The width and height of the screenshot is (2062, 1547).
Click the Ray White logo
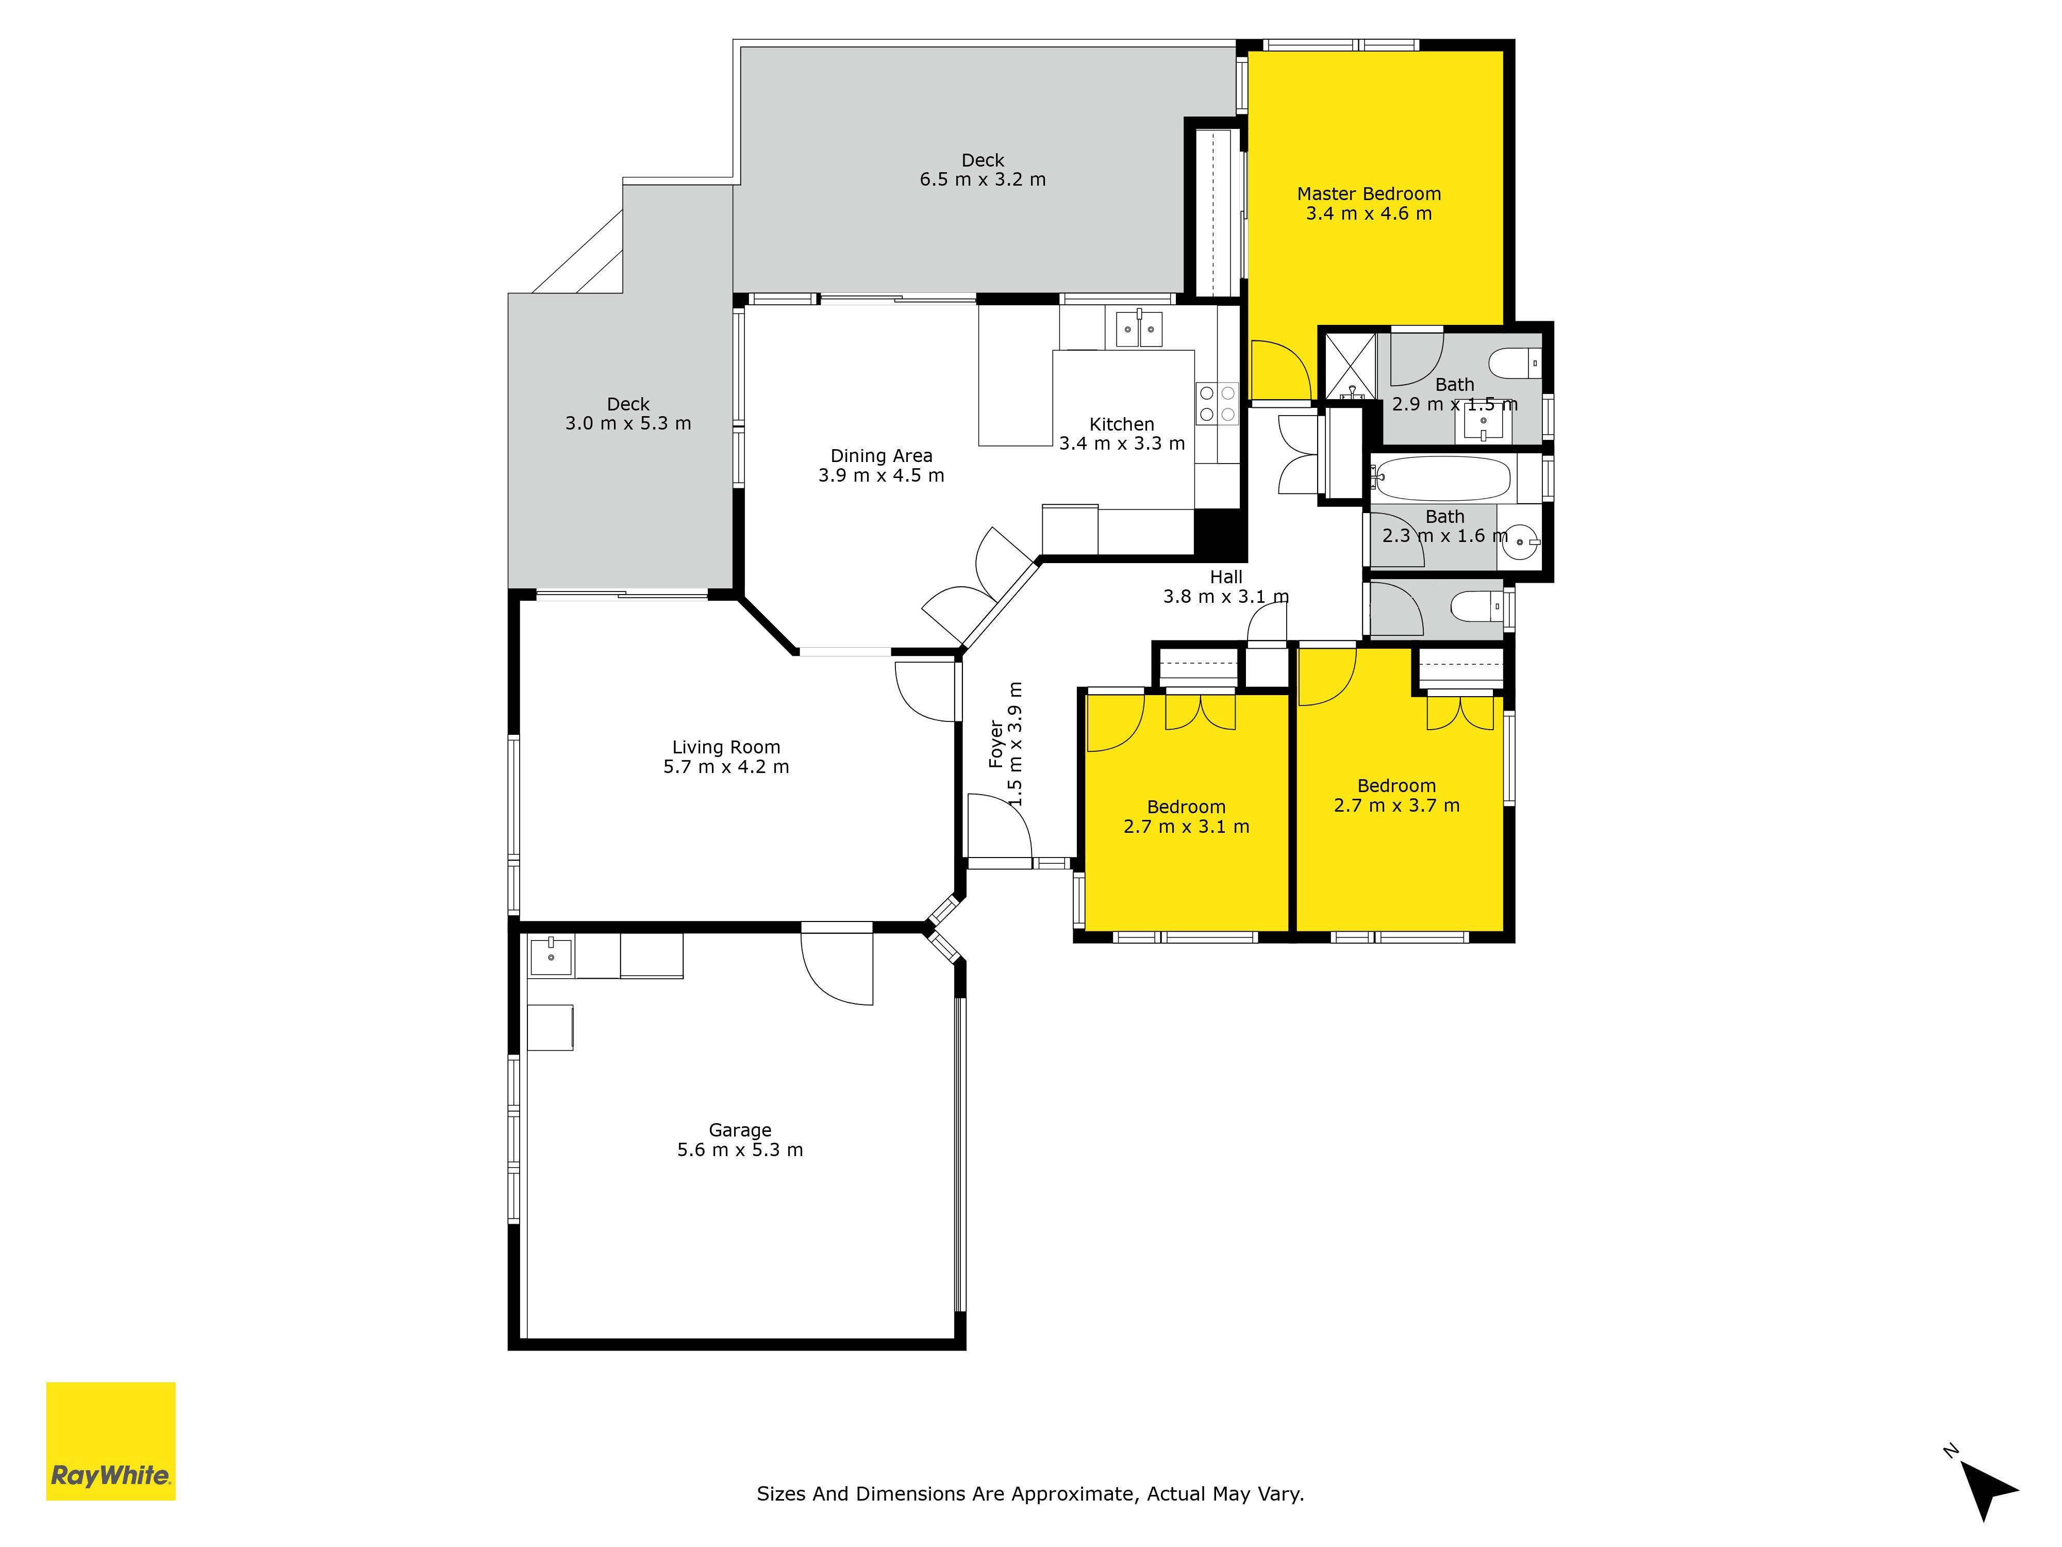[x=111, y=1441]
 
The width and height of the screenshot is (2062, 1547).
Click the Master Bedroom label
[x=1369, y=203]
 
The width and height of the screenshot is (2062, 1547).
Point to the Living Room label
[x=726, y=756]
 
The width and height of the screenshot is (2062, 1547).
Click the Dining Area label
[x=881, y=465]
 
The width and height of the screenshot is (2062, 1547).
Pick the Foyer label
[x=1006, y=744]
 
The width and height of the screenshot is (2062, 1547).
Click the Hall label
[x=1226, y=586]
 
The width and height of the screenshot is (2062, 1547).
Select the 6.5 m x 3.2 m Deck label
[x=983, y=170]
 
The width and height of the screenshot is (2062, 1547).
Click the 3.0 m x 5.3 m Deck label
[x=628, y=413]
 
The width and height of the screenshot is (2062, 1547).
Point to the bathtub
[x=1441, y=479]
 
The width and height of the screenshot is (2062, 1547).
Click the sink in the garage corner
[x=551, y=956]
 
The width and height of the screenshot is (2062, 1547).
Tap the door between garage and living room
[x=837, y=965]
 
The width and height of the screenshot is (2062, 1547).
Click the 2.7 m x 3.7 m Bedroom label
[x=1396, y=795]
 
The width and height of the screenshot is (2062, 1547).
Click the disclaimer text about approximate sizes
[x=1030, y=1493]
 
